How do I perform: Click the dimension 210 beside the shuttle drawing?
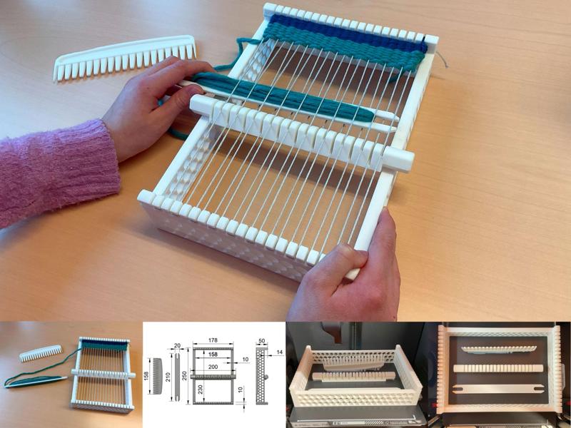[168, 377]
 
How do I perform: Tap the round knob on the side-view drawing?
[266, 377]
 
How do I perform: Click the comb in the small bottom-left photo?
[39, 352]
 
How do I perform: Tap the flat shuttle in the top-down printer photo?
[497, 390]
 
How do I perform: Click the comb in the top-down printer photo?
[498, 347]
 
